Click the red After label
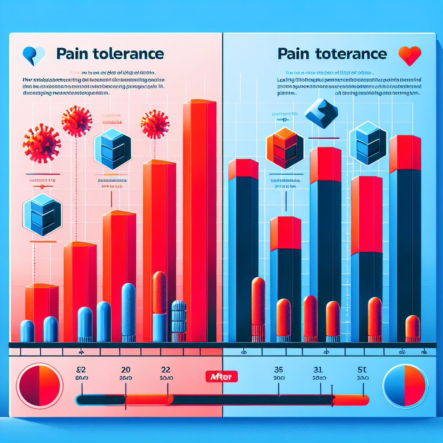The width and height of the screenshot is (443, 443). (x=221, y=376)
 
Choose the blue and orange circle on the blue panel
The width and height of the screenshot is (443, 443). (x=405, y=385)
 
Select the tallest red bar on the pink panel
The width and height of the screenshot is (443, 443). (x=199, y=221)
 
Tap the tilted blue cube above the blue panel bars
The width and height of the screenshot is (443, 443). (x=321, y=113)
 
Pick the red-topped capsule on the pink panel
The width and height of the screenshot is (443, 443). (x=160, y=303)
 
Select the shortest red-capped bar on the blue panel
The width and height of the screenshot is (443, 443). (x=286, y=277)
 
